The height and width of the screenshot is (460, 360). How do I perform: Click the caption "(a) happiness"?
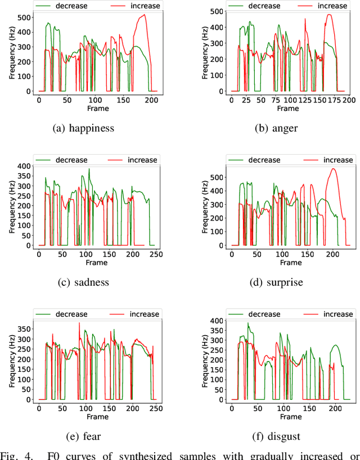click(83, 128)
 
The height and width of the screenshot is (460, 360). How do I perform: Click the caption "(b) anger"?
click(276, 128)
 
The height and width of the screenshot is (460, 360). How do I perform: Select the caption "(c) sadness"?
click(83, 282)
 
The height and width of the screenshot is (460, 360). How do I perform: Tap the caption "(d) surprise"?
click(276, 282)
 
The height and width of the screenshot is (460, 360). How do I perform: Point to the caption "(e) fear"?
click(83, 436)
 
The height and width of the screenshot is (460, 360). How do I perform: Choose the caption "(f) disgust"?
click(276, 436)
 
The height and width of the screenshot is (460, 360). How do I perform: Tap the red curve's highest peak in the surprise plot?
click(333, 169)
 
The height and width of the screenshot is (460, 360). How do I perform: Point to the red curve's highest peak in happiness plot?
click(144, 15)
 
